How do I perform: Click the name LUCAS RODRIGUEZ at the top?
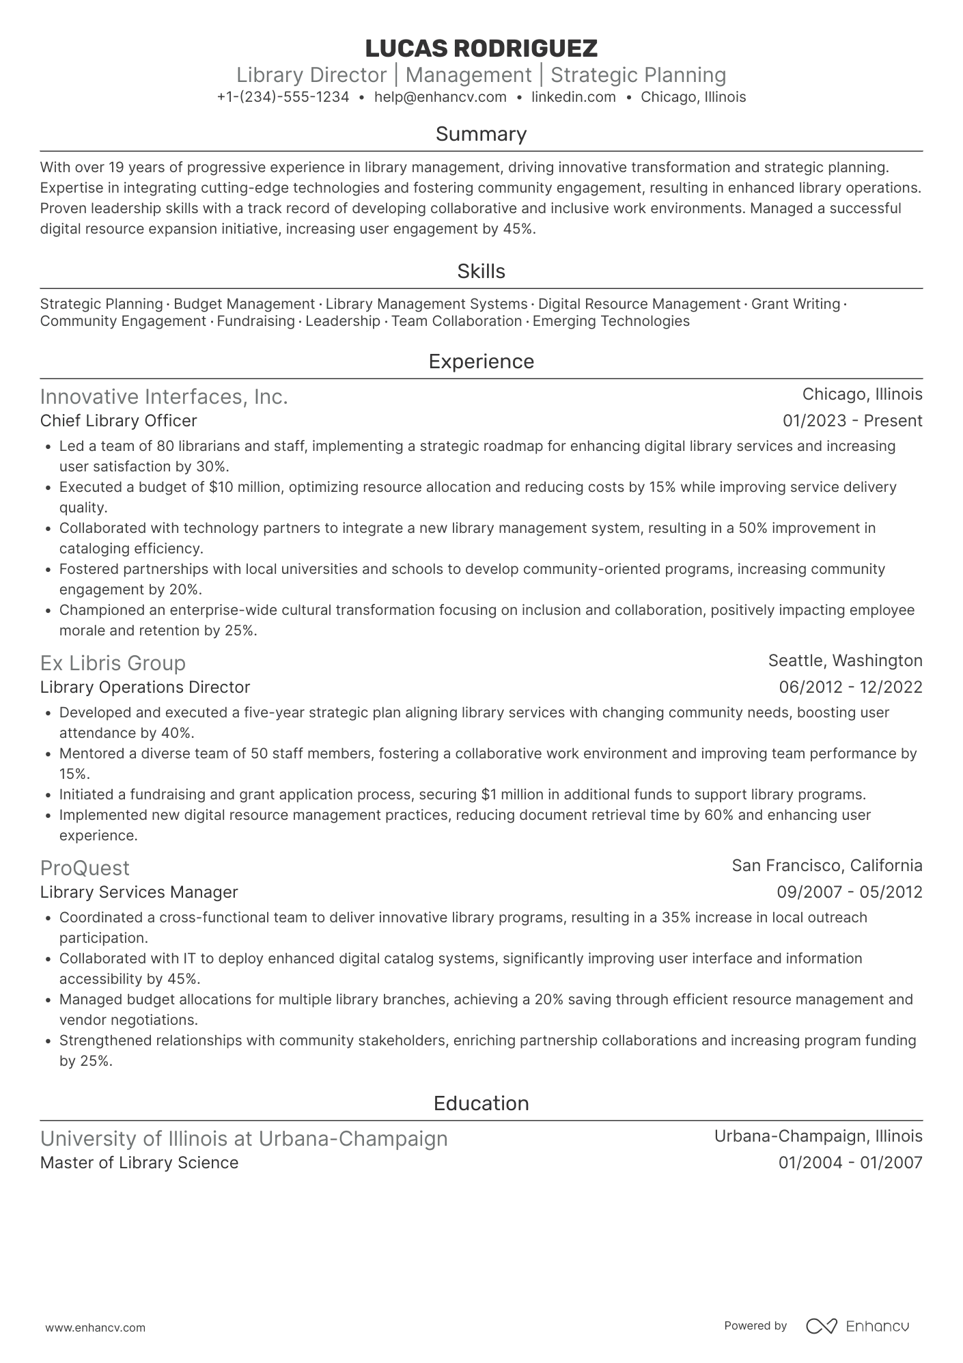click(x=481, y=48)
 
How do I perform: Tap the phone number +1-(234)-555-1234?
click(x=283, y=97)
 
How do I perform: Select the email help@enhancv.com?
click(x=441, y=97)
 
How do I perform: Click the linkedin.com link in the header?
click(x=574, y=97)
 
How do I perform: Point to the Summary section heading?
click(x=481, y=134)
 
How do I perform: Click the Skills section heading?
click(x=481, y=271)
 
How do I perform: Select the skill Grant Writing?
click(x=795, y=304)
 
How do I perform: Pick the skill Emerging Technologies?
click(x=611, y=321)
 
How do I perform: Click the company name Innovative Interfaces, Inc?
click(x=164, y=396)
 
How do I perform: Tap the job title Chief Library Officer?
click(x=118, y=421)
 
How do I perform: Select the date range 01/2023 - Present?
click(x=852, y=421)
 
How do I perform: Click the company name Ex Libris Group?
click(x=113, y=663)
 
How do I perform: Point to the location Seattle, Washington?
click(x=845, y=661)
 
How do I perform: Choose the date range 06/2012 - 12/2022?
click(x=850, y=687)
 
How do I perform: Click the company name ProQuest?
click(x=85, y=868)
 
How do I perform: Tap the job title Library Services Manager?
click(x=139, y=892)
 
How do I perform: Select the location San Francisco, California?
click(x=826, y=866)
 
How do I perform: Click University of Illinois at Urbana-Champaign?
click(x=244, y=1138)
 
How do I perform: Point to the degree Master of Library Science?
click(x=139, y=1163)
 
